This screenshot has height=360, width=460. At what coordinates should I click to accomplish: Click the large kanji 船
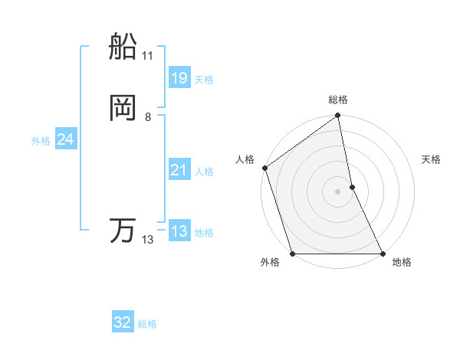[x=123, y=47]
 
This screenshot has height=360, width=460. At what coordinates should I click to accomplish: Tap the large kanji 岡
[x=123, y=109]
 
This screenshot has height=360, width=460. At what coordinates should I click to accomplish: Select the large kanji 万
[x=123, y=231]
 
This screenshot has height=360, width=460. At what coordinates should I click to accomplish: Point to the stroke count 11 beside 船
[x=147, y=56]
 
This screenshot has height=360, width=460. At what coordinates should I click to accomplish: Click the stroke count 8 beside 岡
[x=147, y=117]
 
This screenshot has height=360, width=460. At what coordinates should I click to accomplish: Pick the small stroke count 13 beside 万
[x=147, y=240]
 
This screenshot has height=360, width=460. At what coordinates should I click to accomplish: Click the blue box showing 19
[x=179, y=78]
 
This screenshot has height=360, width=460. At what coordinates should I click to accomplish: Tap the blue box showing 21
[x=179, y=170]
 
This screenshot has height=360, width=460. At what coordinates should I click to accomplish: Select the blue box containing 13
[x=179, y=231]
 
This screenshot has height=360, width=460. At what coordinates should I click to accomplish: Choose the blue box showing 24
[x=65, y=139]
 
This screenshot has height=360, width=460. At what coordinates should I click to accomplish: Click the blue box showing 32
[x=123, y=322]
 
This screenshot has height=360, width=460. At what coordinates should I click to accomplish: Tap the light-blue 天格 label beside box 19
[x=204, y=80]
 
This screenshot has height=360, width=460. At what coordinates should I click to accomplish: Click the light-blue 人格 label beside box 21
[x=204, y=172]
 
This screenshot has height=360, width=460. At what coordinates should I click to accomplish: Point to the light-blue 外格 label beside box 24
[x=41, y=141]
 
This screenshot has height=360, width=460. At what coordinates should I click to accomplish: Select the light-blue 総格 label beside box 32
[x=147, y=324]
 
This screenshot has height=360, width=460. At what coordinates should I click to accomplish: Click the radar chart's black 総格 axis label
[x=338, y=100]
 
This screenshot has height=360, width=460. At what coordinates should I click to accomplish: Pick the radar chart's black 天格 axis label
[x=431, y=159]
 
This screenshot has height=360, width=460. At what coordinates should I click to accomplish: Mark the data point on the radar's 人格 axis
[x=264, y=168]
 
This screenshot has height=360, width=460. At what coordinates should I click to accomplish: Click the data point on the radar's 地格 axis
[x=383, y=254]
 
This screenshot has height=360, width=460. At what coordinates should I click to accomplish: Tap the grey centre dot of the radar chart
[x=338, y=191]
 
